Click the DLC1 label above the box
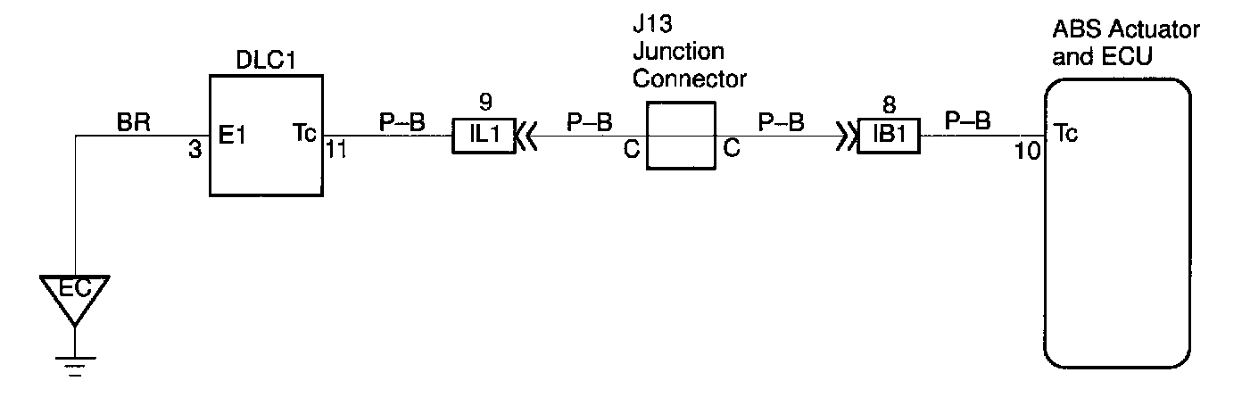click(267, 62)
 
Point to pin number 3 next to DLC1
click(195, 149)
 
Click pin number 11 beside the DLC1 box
click(336, 149)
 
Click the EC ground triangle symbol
click(76, 294)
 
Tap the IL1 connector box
click(484, 137)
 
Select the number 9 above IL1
click(484, 101)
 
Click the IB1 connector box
click(889, 137)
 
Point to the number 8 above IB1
click(889, 101)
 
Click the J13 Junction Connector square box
click(681, 135)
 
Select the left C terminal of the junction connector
click(631, 150)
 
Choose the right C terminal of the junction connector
click(731, 150)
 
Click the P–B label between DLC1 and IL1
click(402, 122)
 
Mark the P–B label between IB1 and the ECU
click(966, 122)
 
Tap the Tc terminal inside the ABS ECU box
click(1064, 135)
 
